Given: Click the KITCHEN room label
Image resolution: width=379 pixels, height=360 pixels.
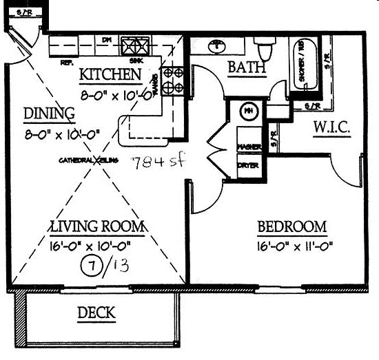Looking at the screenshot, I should (111, 74).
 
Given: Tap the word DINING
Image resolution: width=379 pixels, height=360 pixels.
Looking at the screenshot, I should (48, 114).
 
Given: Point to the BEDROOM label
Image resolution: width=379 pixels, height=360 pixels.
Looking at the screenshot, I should (291, 227).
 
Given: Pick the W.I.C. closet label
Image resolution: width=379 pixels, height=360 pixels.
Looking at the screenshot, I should (333, 129).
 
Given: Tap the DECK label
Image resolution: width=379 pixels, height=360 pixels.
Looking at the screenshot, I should (96, 313).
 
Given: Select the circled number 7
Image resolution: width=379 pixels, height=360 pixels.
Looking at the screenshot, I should (89, 263).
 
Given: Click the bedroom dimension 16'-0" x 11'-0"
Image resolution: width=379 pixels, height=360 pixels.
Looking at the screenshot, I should (293, 246).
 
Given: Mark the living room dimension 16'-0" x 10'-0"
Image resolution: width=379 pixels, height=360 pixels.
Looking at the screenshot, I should (96, 245).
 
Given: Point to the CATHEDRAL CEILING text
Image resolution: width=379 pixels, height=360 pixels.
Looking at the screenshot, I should (89, 160).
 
